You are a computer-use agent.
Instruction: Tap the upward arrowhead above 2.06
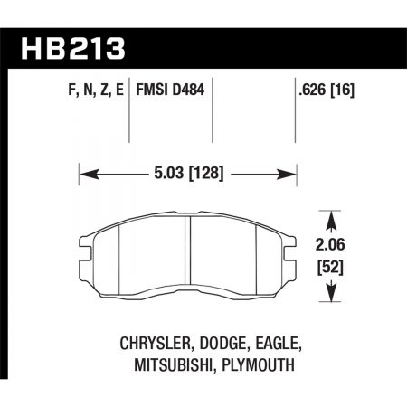point(332,215)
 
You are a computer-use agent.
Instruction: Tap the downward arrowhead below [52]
point(332,295)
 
